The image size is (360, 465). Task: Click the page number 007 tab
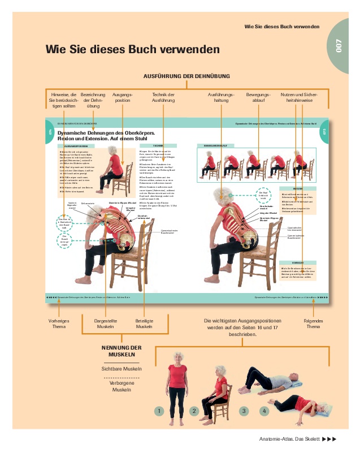(x=339, y=45)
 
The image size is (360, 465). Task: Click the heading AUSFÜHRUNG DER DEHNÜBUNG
(x=186, y=76)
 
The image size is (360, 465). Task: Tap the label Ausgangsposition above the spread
(x=123, y=97)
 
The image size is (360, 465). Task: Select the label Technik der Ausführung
(x=163, y=97)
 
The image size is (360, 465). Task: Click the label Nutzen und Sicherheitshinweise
(x=299, y=97)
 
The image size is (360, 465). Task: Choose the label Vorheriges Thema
(x=58, y=324)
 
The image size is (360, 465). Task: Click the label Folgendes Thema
(x=313, y=324)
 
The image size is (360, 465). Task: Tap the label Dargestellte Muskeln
(x=105, y=324)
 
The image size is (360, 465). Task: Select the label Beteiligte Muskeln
(x=145, y=324)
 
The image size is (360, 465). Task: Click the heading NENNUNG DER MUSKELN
(x=122, y=351)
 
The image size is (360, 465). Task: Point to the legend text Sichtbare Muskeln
(x=122, y=368)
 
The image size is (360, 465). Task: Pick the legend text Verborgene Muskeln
(x=122, y=386)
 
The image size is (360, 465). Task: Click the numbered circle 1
(x=160, y=411)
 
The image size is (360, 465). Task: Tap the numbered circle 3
(x=244, y=411)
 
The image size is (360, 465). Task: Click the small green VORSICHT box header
(x=297, y=263)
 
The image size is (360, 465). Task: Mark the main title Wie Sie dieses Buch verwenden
(x=132, y=50)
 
